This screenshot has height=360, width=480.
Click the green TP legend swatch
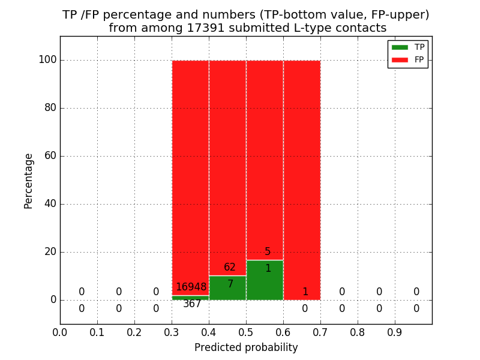click(400, 47)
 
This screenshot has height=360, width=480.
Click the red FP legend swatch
click(400, 59)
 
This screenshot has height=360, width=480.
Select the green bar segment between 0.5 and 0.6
click(265, 280)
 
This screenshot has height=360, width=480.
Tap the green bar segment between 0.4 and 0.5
click(227, 288)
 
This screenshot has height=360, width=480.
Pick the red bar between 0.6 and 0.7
click(302, 180)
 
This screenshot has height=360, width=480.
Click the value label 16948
click(191, 287)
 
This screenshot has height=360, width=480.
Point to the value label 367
click(192, 304)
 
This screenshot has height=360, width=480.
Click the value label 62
click(230, 268)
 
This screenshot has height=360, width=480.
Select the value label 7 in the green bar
click(230, 284)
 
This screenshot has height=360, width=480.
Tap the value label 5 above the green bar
click(268, 252)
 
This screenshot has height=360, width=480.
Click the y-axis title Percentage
click(29, 181)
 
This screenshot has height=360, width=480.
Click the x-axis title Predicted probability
click(246, 347)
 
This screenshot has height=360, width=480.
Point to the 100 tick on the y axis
click(47, 60)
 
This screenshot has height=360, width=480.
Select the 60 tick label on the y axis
click(50, 156)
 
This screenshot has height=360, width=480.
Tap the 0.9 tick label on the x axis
click(395, 332)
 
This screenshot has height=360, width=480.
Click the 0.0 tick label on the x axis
click(60, 332)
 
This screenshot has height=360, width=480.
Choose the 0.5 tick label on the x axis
click(246, 332)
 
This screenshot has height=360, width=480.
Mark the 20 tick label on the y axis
click(50, 252)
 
